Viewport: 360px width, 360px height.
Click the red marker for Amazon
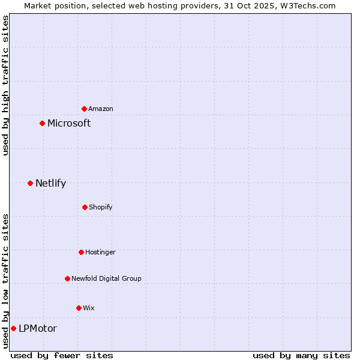click(84, 109)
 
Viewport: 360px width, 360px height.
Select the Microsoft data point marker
click(42, 123)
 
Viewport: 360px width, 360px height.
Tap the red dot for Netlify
click(30, 183)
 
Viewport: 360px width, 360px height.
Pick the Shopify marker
click(85, 207)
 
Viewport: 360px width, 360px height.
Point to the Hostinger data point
click(81, 252)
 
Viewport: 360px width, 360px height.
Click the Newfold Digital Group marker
click(67, 278)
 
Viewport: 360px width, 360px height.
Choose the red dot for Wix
click(79, 308)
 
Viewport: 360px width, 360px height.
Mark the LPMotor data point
click(13, 328)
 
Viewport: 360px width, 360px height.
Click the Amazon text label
click(101, 109)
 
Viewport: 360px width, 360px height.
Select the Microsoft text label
click(69, 123)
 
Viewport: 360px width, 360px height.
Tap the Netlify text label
click(50, 183)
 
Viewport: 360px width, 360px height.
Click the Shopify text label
click(101, 207)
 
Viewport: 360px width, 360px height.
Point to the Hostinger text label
click(100, 252)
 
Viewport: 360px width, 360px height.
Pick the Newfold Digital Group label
click(107, 278)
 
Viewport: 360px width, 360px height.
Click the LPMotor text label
click(38, 328)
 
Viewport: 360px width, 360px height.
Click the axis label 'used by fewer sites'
click(62, 355)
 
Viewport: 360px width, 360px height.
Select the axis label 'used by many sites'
click(301, 355)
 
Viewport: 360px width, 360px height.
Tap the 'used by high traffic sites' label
click(5, 85)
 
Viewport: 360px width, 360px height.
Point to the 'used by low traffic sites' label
click(5, 280)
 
